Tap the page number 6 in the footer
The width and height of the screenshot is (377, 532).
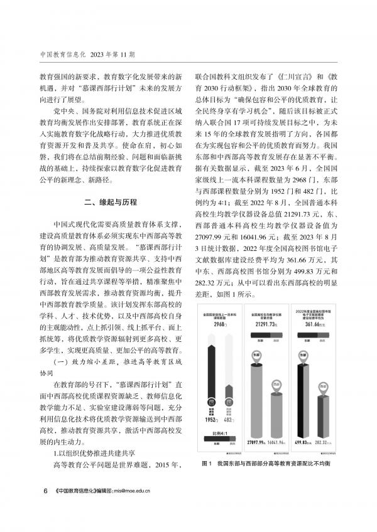click(x=44, y=491)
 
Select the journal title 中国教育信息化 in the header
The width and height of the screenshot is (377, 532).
click(x=60, y=54)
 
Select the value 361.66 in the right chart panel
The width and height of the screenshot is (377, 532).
click(x=320, y=326)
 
